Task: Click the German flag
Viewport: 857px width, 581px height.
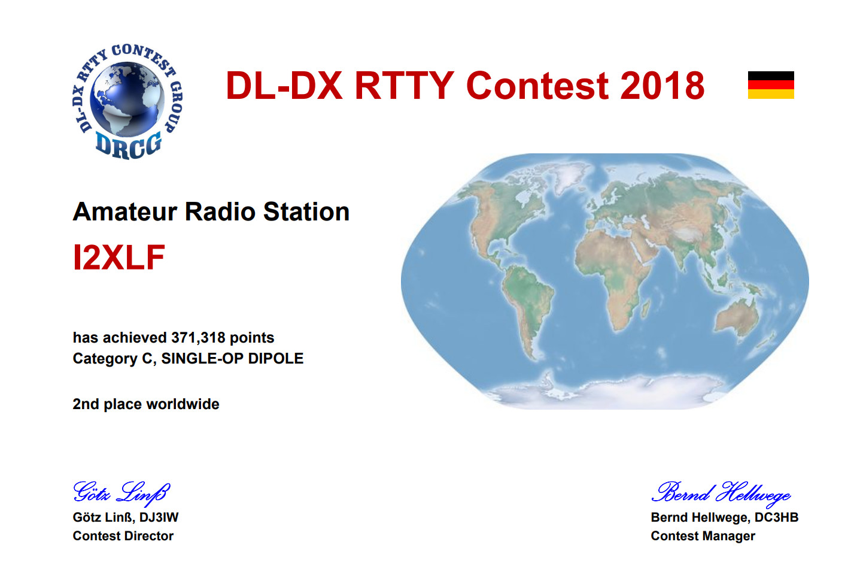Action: tap(771, 84)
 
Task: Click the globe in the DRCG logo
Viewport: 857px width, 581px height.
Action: tap(127, 99)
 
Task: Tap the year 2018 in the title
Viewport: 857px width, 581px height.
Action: tap(662, 86)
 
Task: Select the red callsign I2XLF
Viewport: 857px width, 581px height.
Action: tap(119, 257)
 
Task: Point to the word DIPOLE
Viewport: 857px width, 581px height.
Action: tap(275, 358)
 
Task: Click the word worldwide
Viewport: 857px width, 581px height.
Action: tap(183, 404)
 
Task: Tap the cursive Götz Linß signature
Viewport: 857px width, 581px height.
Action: tap(121, 492)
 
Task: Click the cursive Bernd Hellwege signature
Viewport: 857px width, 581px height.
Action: tap(721, 494)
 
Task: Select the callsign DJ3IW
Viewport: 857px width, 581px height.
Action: tap(159, 518)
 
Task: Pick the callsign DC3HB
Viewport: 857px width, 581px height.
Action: tap(776, 518)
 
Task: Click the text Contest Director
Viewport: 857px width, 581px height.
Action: tap(123, 536)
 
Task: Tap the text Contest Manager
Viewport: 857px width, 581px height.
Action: tap(703, 536)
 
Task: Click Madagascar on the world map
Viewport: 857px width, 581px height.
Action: tap(645, 308)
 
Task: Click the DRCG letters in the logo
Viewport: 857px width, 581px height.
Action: tap(128, 145)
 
